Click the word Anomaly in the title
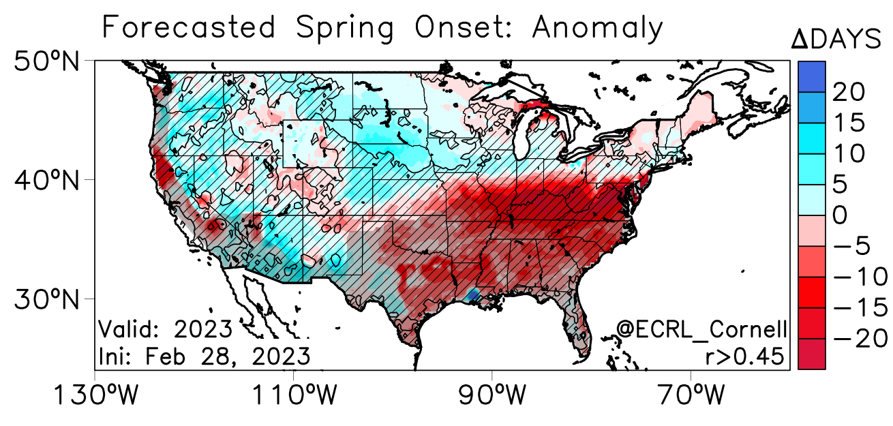(x=597, y=29)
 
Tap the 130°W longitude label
(x=94, y=395)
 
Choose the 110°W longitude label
(x=293, y=395)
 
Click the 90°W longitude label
(x=491, y=395)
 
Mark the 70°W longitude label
(x=691, y=395)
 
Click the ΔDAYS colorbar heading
(x=836, y=40)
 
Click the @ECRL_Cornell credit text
(x=701, y=329)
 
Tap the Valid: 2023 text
(x=166, y=329)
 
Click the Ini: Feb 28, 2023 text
(x=205, y=356)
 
